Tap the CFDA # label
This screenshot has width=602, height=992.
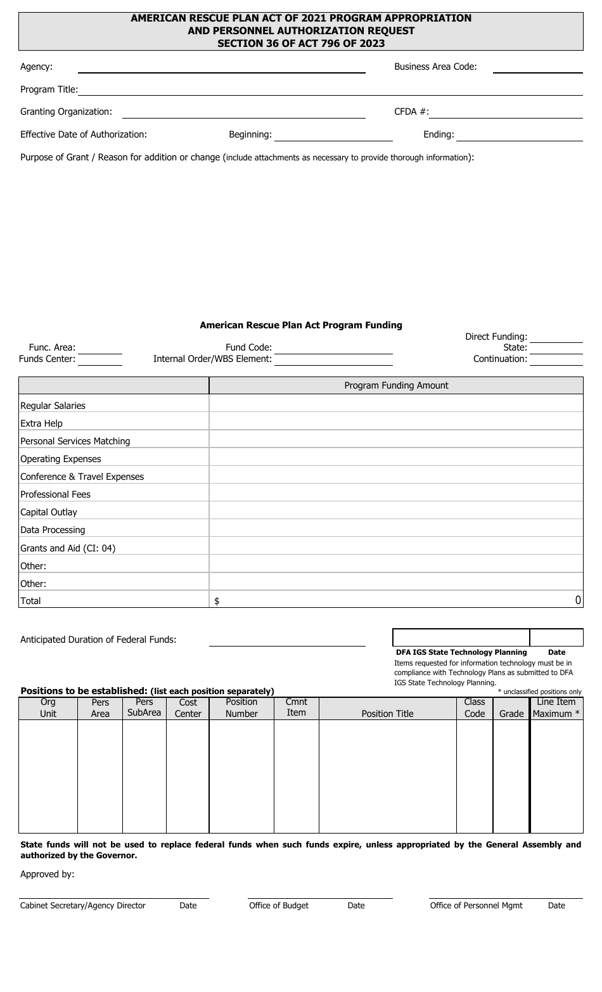[x=411, y=112]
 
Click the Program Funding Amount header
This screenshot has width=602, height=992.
[x=396, y=385]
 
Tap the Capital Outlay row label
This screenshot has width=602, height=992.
[x=49, y=512]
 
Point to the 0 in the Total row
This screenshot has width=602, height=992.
[x=578, y=600]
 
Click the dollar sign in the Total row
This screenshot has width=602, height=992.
[x=217, y=602]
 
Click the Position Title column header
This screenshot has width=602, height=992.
[x=387, y=714]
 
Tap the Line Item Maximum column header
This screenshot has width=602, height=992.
[x=556, y=708]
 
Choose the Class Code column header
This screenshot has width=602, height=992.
[x=475, y=708]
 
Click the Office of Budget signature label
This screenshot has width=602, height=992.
[x=279, y=906]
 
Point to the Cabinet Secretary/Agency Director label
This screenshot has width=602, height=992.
[x=83, y=906]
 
